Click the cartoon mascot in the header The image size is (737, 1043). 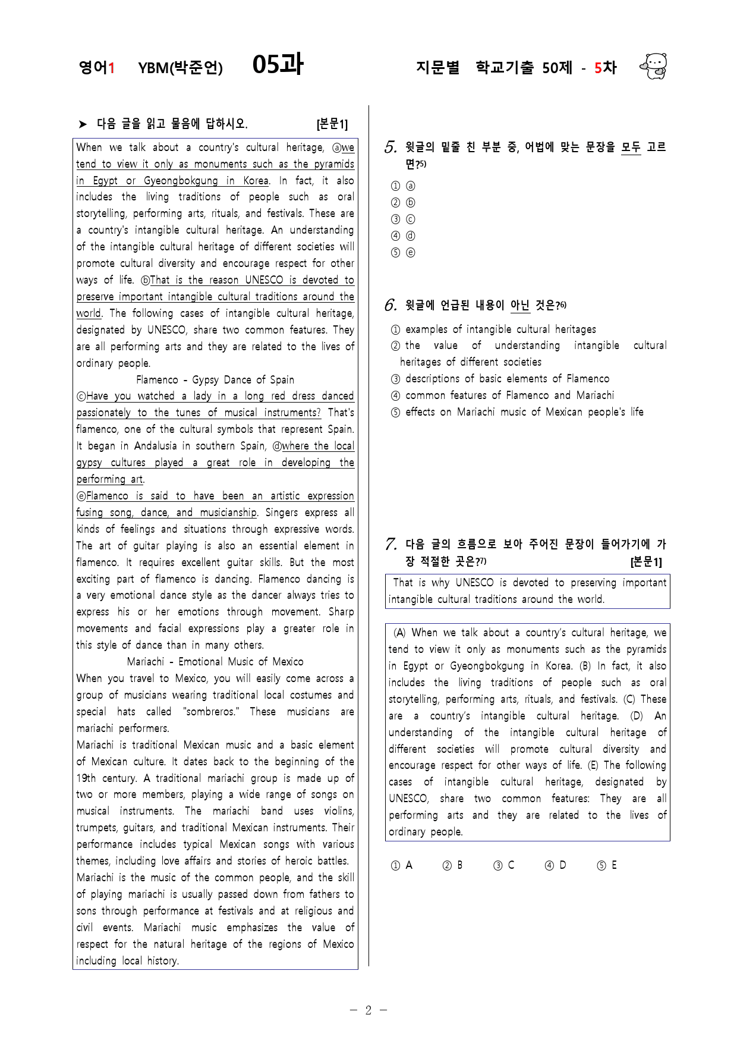pyautogui.click(x=654, y=66)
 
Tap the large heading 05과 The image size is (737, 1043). pyautogui.click(x=278, y=64)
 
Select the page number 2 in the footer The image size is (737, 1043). pyautogui.click(x=368, y=1010)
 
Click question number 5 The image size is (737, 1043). pyautogui.click(x=390, y=147)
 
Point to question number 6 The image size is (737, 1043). pyautogui.click(x=390, y=306)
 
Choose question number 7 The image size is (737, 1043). pyautogui.click(x=390, y=544)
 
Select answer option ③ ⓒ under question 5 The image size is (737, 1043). pyautogui.click(x=403, y=219)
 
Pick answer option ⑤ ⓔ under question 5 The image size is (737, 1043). pyautogui.click(x=403, y=253)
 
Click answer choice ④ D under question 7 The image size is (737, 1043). pyautogui.click(x=555, y=865)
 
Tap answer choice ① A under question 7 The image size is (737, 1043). pyautogui.click(x=401, y=865)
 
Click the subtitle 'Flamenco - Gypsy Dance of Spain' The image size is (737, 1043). pyautogui.click(x=215, y=379)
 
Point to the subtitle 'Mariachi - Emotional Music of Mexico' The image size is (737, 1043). pyautogui.click(x=215, y=662)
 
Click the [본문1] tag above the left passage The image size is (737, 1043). pyautogui.click(x=332, y=124)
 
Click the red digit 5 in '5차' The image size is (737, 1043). pyautogui.click(x=598, y=68)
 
